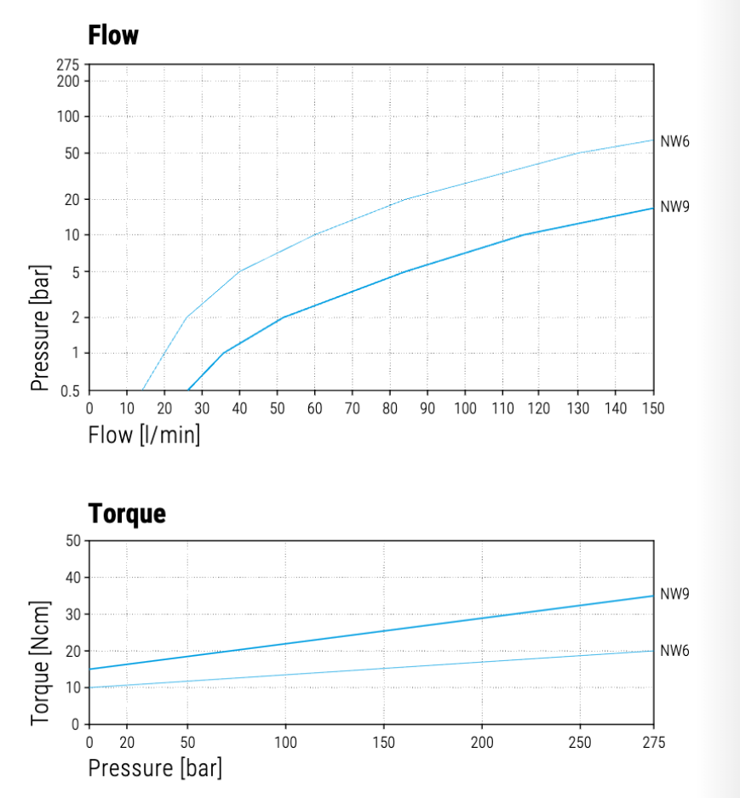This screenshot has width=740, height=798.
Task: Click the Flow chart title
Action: coord(113,36)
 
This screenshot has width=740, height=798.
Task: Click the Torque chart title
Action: coord(127,514)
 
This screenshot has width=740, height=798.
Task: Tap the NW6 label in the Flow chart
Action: coord(674,141)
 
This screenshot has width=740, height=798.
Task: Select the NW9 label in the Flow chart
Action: coord(674,207)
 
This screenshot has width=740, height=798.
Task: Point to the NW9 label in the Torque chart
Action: coord(674,594)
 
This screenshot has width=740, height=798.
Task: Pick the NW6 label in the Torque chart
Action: coord(674,651)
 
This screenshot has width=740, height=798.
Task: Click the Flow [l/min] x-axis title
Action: coord(144,436)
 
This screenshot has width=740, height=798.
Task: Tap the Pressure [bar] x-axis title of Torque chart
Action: coord(155,768)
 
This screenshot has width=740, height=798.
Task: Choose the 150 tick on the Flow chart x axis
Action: coord(653,408)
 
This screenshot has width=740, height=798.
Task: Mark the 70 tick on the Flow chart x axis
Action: coord(353,408)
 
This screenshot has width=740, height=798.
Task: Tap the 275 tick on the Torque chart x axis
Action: coord(653,742)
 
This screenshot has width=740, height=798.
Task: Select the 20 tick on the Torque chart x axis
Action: coord(129,742)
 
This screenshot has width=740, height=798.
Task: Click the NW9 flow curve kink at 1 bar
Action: coord(223,353)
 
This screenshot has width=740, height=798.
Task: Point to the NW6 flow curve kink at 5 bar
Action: coord(240,271)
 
